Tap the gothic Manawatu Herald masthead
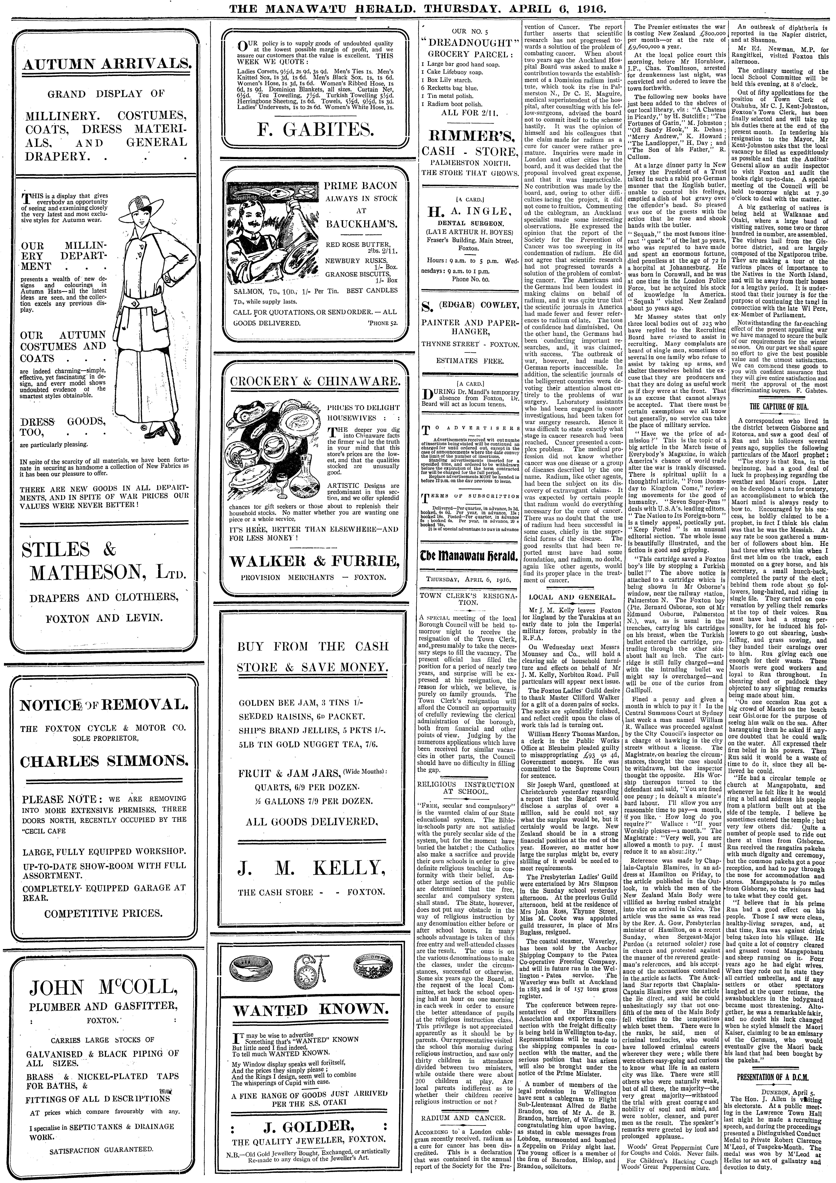(469, 556)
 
